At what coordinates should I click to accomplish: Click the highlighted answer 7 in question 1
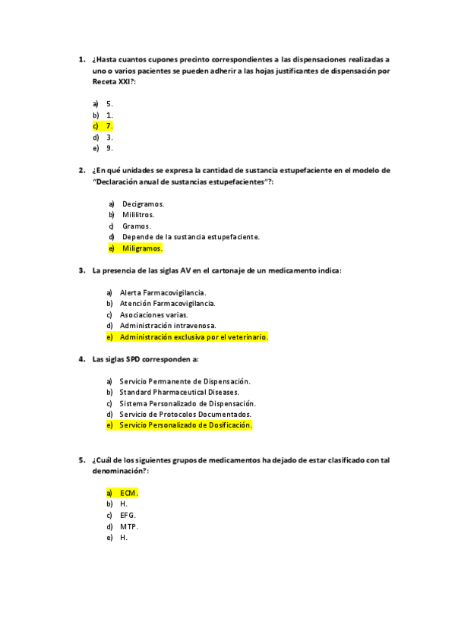[109, 126]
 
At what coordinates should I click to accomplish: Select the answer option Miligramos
[142, 248]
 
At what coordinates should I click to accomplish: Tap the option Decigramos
[143, 204]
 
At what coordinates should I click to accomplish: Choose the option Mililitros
[138, 215]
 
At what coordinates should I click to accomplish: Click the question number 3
[81, 270]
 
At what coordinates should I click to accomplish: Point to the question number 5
[81, 459]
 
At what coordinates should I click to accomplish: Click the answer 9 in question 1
[109, 148]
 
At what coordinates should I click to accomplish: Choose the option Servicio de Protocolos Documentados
[185, 414]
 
